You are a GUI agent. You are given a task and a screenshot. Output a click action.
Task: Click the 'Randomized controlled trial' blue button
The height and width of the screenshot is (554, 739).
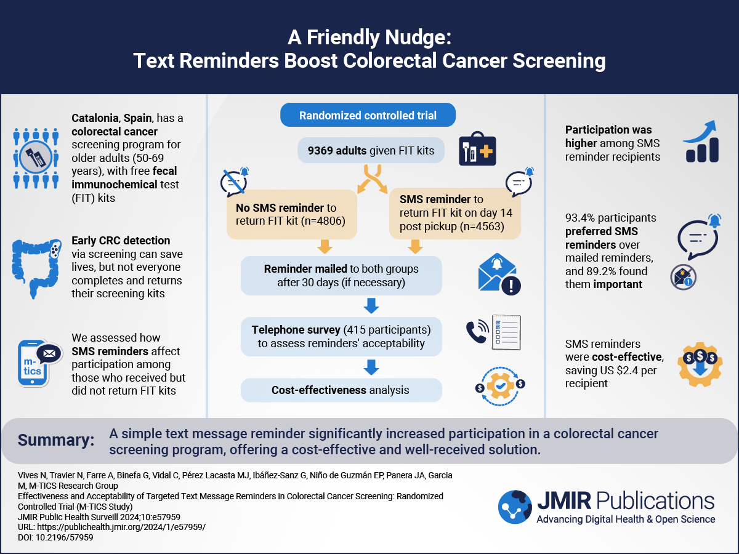point(368,115)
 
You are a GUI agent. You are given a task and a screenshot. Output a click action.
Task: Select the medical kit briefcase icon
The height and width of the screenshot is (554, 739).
point(477,149)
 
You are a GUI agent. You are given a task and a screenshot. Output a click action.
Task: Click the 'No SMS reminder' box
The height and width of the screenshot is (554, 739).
point(291,214)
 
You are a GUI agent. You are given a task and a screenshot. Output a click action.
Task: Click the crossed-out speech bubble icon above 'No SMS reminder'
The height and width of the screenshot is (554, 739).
point(235,182)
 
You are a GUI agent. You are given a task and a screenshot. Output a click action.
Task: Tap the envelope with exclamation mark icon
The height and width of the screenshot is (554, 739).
point(499,274)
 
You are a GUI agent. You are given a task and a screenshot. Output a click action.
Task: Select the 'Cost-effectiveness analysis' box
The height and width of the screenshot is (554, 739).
point(341,390)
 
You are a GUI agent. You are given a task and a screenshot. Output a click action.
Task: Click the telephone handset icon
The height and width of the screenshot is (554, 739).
point(477,331)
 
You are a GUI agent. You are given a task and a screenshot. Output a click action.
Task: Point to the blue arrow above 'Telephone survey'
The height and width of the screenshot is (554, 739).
point(371,305)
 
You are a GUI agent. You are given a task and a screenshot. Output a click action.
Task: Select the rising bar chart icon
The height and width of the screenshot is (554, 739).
point(701,142)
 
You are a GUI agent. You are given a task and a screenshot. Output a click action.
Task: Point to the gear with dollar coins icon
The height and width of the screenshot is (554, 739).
point(700,364)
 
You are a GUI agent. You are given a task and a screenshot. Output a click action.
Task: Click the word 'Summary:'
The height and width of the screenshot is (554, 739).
point(56,440)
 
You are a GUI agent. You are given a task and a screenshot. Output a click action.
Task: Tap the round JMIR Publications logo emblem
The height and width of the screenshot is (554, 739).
point(515,507)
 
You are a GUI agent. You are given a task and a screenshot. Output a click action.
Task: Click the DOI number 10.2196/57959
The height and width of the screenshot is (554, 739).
point(64,537)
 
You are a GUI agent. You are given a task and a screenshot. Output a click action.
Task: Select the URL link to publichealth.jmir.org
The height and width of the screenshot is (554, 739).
point(121,527)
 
